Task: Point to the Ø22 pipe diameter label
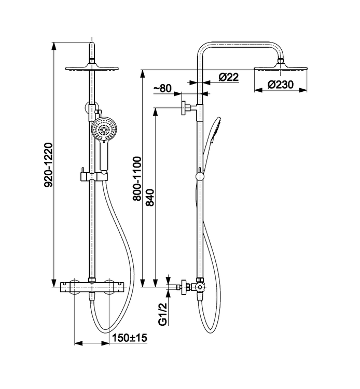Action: (228, 77)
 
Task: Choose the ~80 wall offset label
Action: (163, 88)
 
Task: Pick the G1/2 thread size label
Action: (162, 315)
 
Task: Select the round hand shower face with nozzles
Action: (102, 128)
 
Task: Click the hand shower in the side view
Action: (213, 135)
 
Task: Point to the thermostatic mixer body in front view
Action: (92, 287)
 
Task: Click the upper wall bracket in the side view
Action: (186, 108)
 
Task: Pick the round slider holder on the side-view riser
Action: (200, 177)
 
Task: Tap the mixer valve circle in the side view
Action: (200, 287)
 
